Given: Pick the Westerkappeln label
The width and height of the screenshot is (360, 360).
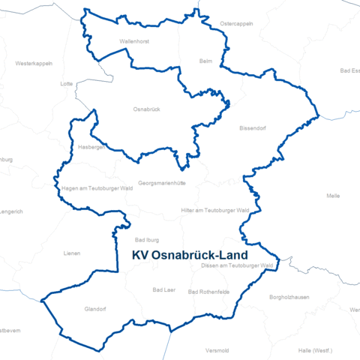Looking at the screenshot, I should click(34, 63).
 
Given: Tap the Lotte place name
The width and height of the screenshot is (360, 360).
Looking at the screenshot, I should click(66, 84).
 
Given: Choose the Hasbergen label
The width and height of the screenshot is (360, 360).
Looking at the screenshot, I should click(91, 147).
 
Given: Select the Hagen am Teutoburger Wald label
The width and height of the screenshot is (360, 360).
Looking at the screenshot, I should click(97, 188).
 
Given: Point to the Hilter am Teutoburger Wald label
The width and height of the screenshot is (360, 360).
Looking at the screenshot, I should click(215, 211).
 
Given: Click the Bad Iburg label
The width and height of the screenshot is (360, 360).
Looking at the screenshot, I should click(147, 239).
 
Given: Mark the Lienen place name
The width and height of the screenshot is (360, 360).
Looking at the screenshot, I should click(72, 253).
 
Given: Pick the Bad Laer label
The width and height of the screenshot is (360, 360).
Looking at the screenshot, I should click(163, 289).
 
